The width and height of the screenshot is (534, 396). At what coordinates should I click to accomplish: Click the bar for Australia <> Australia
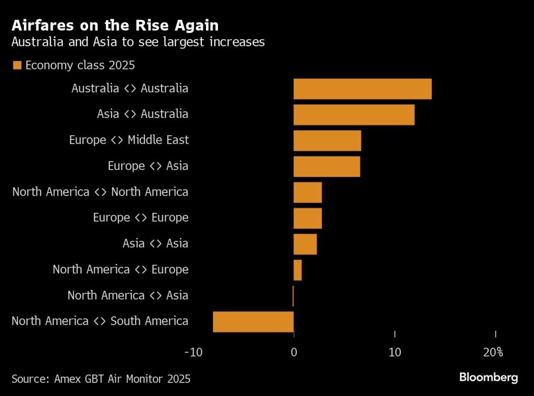(x=362, y=89)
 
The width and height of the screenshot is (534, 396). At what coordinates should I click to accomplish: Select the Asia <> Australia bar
(x=354, y=115)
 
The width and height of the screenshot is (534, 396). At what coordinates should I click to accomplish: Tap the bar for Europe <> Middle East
(x=327, y=140)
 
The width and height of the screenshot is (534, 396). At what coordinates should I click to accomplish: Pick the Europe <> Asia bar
(x=326, y=166)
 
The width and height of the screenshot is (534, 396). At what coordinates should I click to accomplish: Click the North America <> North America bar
(x=308, y=193)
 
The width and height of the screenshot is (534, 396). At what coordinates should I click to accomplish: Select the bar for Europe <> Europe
(x=308, y=218)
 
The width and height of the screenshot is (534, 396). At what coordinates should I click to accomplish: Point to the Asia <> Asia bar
(x=305, y=244)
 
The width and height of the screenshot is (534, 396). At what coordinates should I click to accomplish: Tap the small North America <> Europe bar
(x=298, y=270)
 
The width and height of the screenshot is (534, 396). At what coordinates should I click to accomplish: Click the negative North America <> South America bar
(x=253, y=321)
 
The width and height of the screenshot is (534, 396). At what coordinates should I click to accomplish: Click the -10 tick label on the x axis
(x=193, y=352)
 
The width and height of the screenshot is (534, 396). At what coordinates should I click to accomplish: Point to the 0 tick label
(x=294, y=352)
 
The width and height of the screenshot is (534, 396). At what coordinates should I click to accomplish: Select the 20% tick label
(x=493, y=352)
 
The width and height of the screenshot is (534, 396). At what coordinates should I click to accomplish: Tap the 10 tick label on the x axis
(x=395, y=352)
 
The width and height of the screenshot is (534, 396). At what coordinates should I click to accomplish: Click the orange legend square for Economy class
(x=17, y=66)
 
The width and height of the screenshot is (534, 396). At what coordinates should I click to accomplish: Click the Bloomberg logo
(x=488, y=377)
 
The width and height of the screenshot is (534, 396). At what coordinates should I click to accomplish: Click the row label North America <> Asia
(x=128, y=296)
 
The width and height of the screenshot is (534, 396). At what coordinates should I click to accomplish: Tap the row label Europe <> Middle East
(x=129, y=140)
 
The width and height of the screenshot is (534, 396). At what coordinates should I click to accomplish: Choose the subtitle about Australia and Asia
(x=138, y=42)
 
